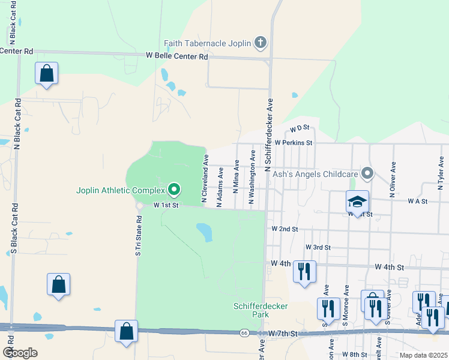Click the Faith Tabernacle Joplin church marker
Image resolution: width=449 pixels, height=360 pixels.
click(260, 43)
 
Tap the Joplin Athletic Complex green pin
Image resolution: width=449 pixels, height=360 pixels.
click(174, 190)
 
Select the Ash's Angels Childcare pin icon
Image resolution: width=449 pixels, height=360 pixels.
click(367, 174)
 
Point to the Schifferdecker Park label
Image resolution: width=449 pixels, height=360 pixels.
click(261, 310)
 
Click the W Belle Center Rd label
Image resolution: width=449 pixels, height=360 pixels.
click(176, 56)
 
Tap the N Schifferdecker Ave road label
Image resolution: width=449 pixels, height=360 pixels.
click(269, 136)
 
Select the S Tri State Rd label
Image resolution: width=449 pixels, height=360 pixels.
click(137, 234)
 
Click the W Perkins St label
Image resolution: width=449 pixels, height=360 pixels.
click(294, 143)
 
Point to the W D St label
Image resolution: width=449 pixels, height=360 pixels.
click(298, 128)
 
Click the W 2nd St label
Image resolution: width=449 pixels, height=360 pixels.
click(285, 229)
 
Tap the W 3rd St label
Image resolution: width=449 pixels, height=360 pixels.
click(318, 247)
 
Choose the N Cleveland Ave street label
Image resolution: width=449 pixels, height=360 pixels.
click(205, 178)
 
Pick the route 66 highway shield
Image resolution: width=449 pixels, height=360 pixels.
click(244, 332)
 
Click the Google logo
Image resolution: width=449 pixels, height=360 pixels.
click(20, 352)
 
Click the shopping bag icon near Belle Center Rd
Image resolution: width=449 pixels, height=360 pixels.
click(46, 74)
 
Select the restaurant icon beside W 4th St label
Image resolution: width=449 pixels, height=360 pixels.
click(305, 271)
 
